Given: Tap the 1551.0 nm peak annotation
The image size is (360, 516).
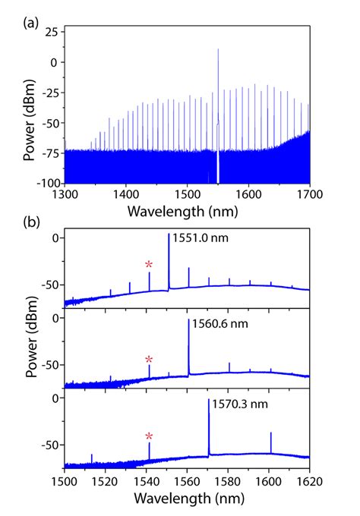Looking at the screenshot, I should (201, 238).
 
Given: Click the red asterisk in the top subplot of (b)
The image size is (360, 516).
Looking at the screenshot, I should (150, 264).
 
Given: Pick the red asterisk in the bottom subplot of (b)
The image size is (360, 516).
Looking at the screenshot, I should (150, 436).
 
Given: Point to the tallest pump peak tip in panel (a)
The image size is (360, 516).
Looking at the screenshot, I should (218, 49).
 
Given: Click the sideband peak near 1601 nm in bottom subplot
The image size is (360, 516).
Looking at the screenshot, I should (271, 433).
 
